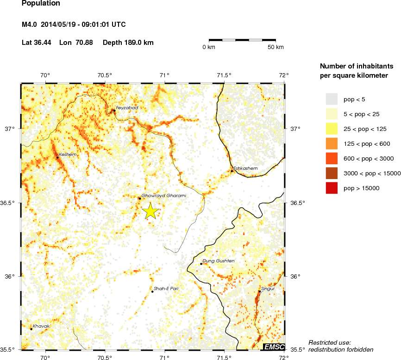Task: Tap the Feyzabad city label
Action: [x=127, y=108]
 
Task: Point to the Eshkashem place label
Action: [x=245, y=168]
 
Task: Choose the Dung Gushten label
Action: [x=219, y=261]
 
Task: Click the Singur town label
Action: [x=268, y=289]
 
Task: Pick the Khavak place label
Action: [x=41, y=326]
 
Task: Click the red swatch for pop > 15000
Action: [x=332, y=188]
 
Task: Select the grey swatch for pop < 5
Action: [x=332, y=99]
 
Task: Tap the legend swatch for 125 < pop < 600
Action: [x=332, y=143]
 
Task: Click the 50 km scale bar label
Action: [x=276, y=48]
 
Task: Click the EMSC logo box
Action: [x=274, y=347]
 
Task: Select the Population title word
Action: [x=41, y=4]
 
